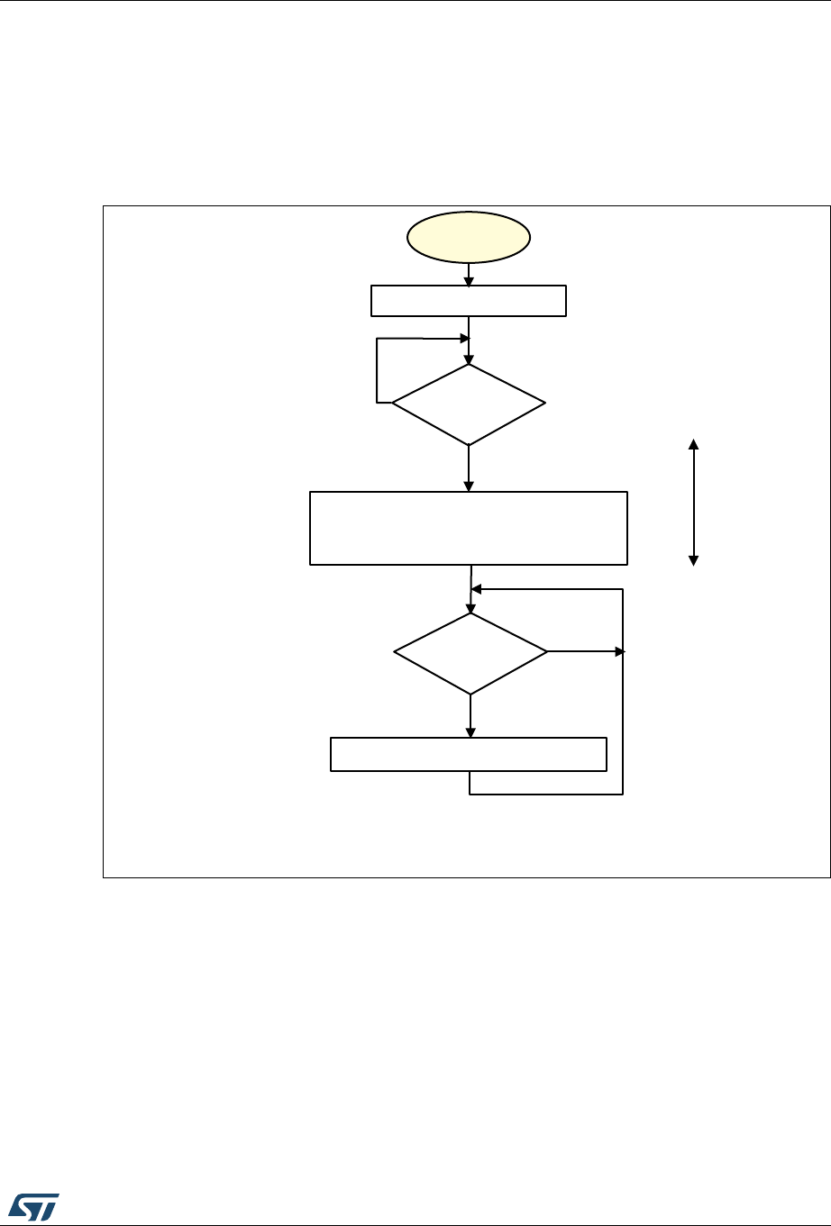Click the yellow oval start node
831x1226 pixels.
click(x=469, y=238)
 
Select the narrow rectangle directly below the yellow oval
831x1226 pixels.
click(x=469, y=301)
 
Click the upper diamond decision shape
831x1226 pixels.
click(x=469, y=404)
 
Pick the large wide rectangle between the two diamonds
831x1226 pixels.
click(x=469, y=528)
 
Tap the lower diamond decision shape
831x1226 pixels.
click(x=470, y=653)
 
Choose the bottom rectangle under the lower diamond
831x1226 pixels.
click(x=469, y=754)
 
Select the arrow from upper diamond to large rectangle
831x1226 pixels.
click(x=469, y=468)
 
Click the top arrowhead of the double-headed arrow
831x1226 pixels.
click(x=693, y=443)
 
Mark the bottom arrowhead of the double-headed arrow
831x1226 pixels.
click(x=693, y=559)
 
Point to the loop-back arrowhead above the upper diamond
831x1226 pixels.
click(x=464, y=339)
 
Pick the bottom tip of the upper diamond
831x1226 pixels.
click(x=469, y=444)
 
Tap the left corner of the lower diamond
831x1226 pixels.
click(x=396, y=653)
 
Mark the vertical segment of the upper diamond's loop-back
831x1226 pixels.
click(x=377, y=371)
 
